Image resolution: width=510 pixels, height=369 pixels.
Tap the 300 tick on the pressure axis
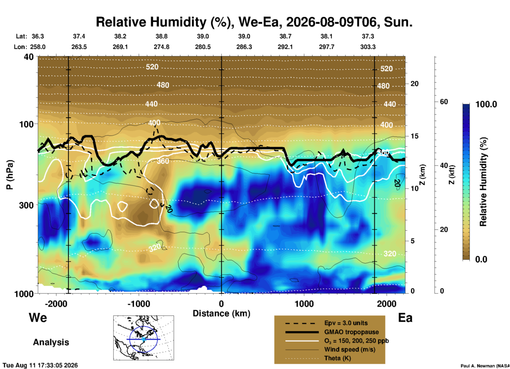pyautogui.click(x=26, y=205)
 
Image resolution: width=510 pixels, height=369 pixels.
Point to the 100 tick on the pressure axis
pyautogui.click(x=26, y=124)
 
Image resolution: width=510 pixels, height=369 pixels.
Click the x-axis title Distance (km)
pyautogui.click(x=221, y=313)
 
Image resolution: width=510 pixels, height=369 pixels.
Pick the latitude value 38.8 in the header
pyautogui.click(x=161, y=36)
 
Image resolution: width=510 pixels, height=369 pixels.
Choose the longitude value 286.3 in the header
pyautogui.click(x=244, y=47)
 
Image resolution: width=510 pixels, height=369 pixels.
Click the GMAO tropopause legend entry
pyautogui.click(x=351, y=332)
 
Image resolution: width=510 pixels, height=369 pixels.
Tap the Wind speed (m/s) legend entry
pyautogui.click(x=350, y=349)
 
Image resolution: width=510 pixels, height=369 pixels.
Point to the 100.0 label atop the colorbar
pyautogui.click(x=486, y=104)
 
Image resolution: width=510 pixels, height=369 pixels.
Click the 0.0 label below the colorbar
pyautogui.click(x=481, y=259)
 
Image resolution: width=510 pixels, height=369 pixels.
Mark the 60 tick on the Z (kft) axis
pyautogui.click(x=444, y=102)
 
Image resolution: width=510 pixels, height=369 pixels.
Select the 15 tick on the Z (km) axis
pyautogui.click(x=414, y=136)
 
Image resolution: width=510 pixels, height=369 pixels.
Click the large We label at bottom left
pyautogui.click(x=38, y=317)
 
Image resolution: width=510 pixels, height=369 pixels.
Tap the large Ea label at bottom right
pyautogui.click(x=405, y=318)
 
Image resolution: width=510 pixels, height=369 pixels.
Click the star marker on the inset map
pyautogui.click(x=143, y=339)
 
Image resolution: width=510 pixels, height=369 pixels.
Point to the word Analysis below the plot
pyautogui.click(x=51, y=342)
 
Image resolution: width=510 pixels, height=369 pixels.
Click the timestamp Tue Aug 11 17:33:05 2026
pyautogui.click(x=40, y=365)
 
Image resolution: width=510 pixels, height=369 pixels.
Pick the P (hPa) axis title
pyautogui.click(x=10, y=175)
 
